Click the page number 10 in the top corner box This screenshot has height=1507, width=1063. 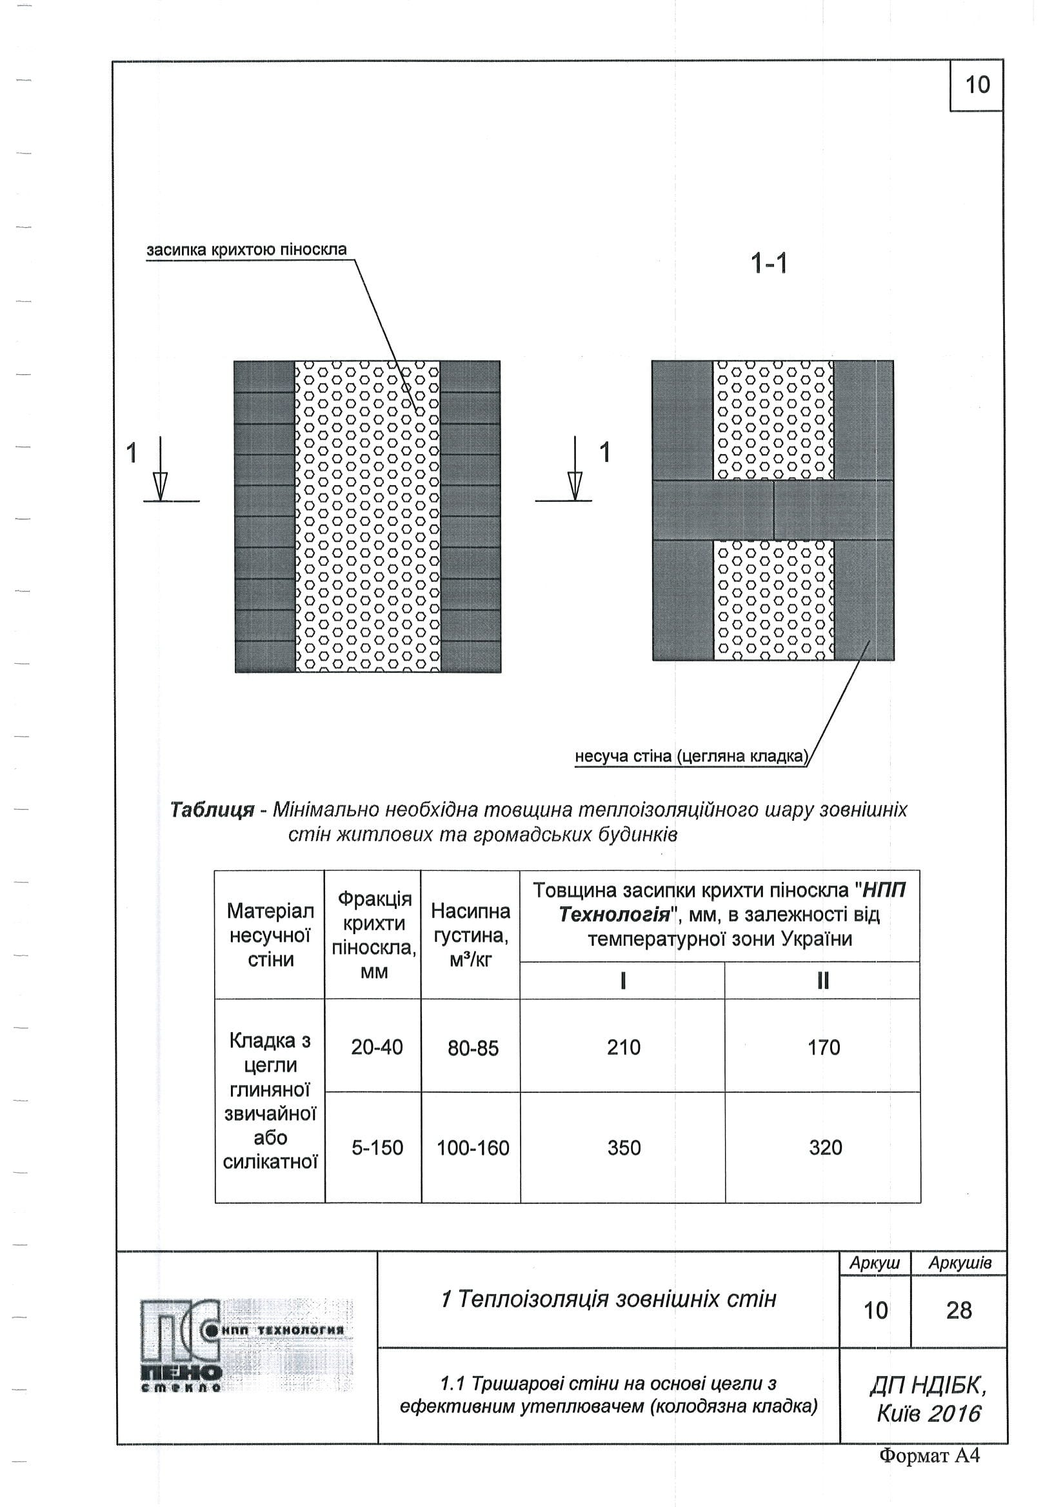coord(977,85)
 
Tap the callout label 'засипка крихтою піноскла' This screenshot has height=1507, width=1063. coord(246,250)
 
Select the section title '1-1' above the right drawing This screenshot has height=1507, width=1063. coord(768,264)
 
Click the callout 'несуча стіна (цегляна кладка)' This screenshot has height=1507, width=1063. coord(691,756)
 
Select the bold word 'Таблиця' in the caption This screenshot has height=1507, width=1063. coord(212,810)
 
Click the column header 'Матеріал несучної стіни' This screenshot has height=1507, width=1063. coord(270,935)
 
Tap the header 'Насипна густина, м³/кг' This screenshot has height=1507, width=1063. coord(470,935)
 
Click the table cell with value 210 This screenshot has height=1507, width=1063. coord(623,1048)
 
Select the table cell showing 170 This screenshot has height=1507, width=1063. coord(824,1048)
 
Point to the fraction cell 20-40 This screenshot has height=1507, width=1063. coord(377,1048)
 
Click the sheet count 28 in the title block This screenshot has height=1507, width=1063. coord(959,1311)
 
